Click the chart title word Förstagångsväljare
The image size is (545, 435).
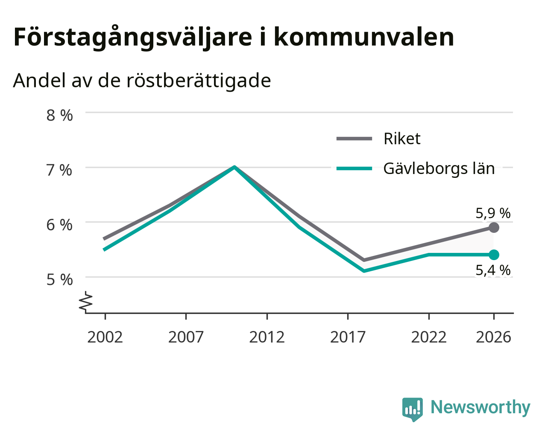[x=133, y=38]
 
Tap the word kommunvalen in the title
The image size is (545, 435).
[x=363, y=37]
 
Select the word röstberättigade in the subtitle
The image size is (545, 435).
[x=199, y=81]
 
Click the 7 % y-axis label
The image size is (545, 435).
[x=59, y=170]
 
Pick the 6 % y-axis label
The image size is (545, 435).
[x=59, y=225]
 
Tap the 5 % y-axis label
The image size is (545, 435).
[x=59, y=280]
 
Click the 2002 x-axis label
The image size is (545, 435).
[x=105, y=337]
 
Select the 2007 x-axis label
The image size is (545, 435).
[x=186, y=337]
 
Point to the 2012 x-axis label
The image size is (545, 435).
[x=267, y=337]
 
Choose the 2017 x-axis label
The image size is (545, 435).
[x=348, y=337]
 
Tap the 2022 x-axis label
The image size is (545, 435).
[x=429, y=337]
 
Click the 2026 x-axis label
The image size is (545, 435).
[x=494, y=337]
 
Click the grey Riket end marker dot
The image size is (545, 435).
[x=494, y=228]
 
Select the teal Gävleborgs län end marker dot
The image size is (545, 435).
[x=494, y=255]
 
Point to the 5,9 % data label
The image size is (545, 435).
[x=493, y=213]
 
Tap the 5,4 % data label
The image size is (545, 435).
[x=493, y=270]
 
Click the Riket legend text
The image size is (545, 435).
[x=402, y=139]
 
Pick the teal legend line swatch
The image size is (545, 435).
[x=354, y=168]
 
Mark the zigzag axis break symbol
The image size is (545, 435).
[x=86, y=301]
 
